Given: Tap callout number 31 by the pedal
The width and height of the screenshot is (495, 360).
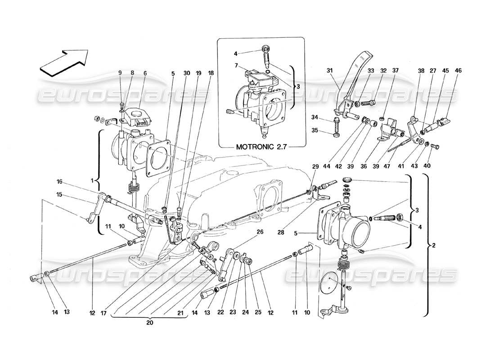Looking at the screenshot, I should pos(329,71).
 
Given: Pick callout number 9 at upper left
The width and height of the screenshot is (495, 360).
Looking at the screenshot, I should pos(120,73).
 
